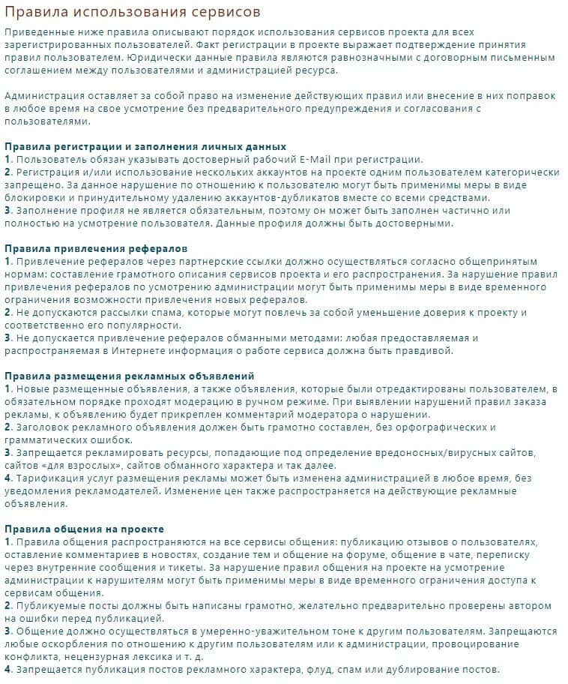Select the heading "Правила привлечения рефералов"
coord(96,247)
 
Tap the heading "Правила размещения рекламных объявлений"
coord(130,375)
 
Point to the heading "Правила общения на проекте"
coord(84,529)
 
